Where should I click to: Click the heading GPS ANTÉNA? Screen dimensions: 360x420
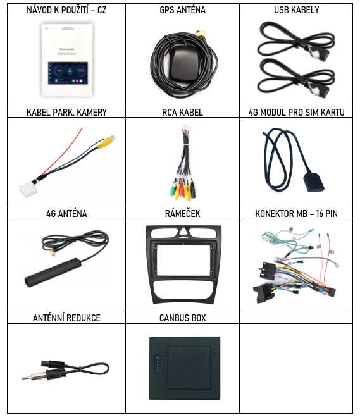point(182,10)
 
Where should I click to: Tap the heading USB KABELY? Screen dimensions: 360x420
point(297,10)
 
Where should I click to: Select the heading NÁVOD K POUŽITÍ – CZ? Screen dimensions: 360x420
point(66,10)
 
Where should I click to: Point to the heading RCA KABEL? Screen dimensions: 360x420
point(182,112)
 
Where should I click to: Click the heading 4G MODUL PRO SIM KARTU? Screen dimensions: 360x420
point(297,112)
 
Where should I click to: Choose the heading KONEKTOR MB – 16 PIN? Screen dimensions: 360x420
point(296,214)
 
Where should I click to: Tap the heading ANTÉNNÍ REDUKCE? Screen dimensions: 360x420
point(66,318)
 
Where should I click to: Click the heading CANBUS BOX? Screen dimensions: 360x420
point(182,318)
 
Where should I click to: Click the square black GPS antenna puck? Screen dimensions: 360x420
point(183,63)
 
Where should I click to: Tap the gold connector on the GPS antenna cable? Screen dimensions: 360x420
point(201,34)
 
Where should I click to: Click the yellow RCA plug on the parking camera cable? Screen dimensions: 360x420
point(107,141)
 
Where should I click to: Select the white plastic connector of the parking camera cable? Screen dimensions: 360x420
point(27,189)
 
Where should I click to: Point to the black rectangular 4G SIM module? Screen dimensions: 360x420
point(313,183)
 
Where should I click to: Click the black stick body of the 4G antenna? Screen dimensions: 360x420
point(53,273)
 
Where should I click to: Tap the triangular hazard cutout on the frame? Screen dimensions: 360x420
point(183,232)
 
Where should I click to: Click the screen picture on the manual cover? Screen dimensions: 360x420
point(68,73)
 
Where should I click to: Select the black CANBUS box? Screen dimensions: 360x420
point(185,368)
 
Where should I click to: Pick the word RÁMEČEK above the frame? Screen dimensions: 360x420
point(182,214)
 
